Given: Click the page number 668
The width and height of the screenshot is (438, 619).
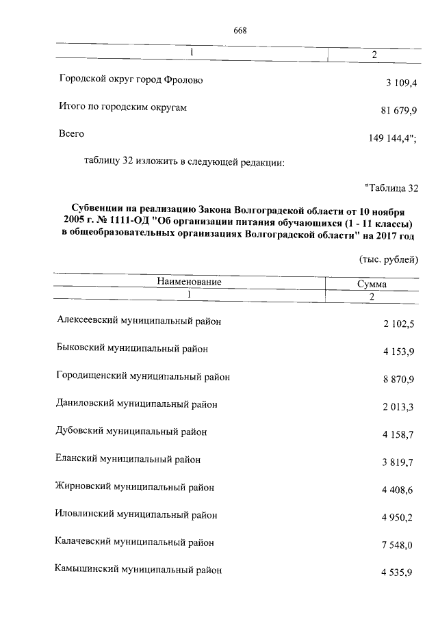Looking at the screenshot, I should [240, 30].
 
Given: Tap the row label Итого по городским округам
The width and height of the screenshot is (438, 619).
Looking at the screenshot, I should [123, 107].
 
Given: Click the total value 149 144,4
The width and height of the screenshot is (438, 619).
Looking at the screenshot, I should [393, 139].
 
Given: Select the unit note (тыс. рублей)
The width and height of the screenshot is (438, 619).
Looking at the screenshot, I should [388, 259].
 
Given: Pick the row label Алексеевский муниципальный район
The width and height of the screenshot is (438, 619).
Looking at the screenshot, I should [140, 320].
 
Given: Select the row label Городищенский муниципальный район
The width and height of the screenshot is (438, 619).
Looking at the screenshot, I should [143, 376].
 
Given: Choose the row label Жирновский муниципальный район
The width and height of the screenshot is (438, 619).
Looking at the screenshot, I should [135, 487].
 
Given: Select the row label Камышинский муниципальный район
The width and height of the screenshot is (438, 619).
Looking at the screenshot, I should [138, 569].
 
